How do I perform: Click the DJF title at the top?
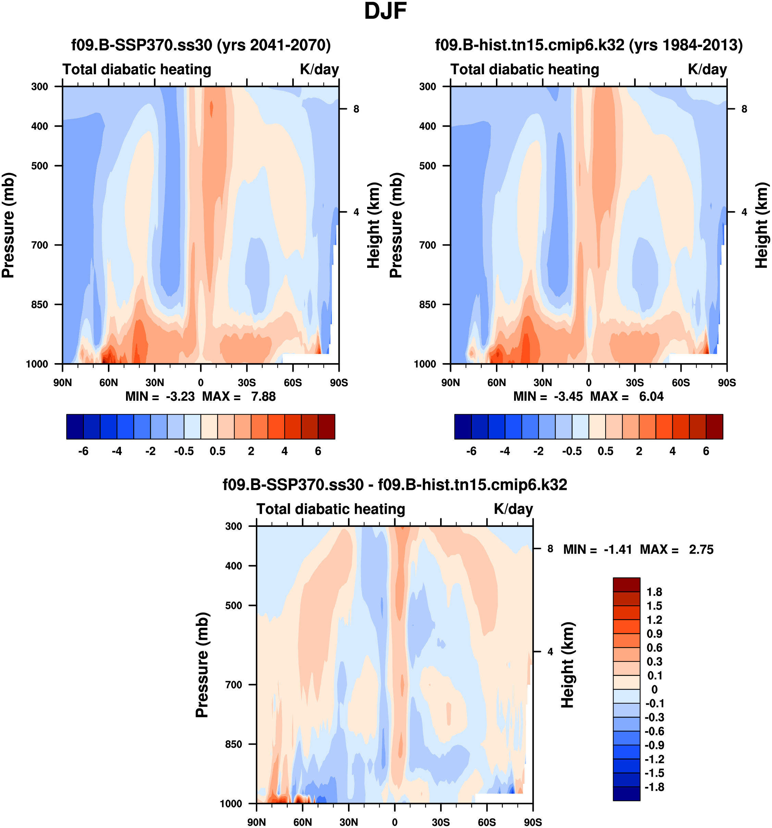pyautogui.click(x=385, y=12)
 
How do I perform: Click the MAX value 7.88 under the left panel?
pyautogui.click(x=263, y=396)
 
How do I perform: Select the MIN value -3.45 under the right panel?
pyautogui.click(x=568, y=396)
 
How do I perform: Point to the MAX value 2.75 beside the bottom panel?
pyautogui.click(x=701, y=550)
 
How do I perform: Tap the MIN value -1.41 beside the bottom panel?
pyautogui.click(x=618, y=550)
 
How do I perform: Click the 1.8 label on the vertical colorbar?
pyautogui.click(x=654, y=592)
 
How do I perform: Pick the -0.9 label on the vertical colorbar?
pyautogui.click(x=654, y=745)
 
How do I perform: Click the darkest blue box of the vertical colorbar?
pyautogui.click(x=626, y=793)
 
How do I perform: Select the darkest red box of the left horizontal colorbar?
pyautogui.click(x=326, y=427)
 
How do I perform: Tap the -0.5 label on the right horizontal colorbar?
pyautogui.click(x=572, y=452)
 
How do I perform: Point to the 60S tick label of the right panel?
pyautogui.click(x=681, y=383)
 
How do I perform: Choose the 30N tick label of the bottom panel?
pyautogui.click(x=349, y=822)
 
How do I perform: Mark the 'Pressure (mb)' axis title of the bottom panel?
pyautogui.click(x=202, y=665)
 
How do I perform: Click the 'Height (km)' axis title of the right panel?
pyautogui.click(x=762, y=225)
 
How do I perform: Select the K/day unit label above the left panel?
pyautogui.click(x=319, y=69)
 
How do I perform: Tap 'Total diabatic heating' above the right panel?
pyautogui.click(x=525, y=69)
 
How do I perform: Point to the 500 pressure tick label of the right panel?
pyautogui.click(x=428, y=166)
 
